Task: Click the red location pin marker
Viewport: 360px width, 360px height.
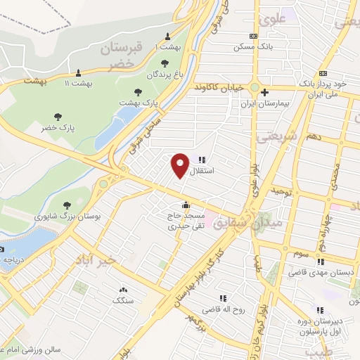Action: click(180, 165)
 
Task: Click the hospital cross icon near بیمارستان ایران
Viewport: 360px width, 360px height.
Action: click(264, 91)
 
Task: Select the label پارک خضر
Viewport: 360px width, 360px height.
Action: click(58, 127)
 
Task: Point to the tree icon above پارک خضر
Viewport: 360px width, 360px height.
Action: click(58, 116)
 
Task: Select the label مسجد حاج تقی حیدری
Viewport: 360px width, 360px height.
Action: click(184, 221)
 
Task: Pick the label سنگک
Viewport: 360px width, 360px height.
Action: click(122, 300)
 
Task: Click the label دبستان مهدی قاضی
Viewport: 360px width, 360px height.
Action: click(323, 272)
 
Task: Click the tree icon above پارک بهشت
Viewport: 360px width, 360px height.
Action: click(139, 92)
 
